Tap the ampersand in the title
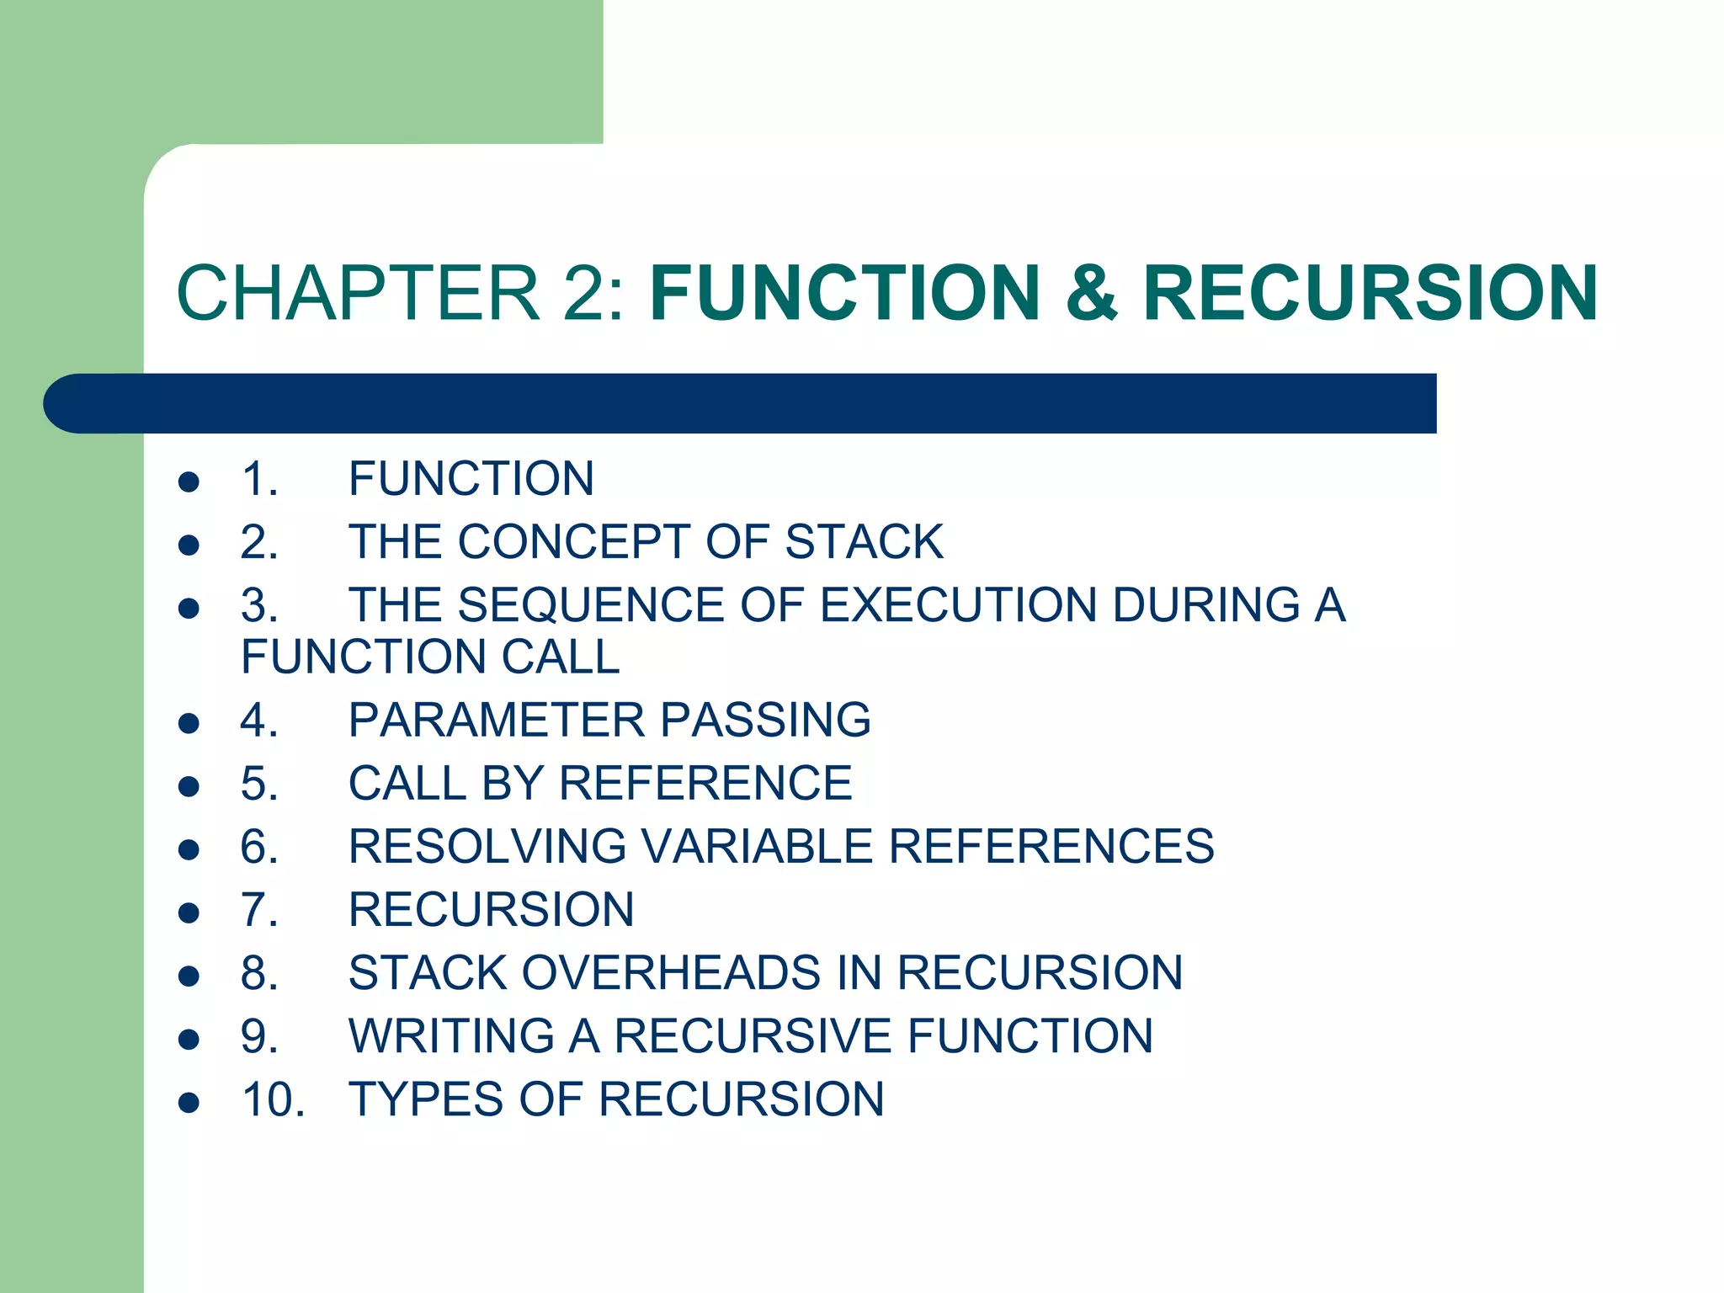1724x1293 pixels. [1092, 293]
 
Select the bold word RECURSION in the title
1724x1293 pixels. [1370, 293]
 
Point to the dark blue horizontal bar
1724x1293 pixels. [741, 403]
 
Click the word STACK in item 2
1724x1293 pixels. [864, 541]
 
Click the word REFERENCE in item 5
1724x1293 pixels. [705, 784]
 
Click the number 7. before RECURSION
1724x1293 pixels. [259, 910]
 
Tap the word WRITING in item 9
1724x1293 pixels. [451, 1036]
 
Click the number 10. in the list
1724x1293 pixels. [273, 1100]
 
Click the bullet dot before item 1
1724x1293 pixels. [189, 482]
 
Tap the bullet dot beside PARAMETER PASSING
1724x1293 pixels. [189, 723]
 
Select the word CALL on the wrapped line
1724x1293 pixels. [561, 657]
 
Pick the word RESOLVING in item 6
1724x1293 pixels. [487, 847]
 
